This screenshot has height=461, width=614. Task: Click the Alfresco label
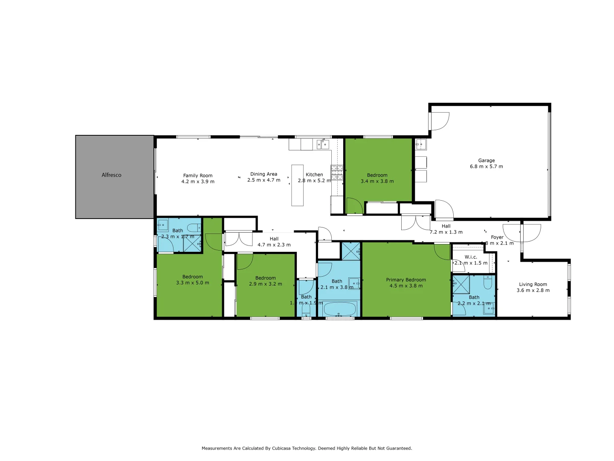pos(111,175)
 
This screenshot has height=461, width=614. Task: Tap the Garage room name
pos(486,160)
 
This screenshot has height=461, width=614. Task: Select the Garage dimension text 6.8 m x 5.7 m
pos(486,166)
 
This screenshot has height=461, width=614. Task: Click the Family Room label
pos(197,175)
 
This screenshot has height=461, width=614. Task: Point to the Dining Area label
pos(264,174)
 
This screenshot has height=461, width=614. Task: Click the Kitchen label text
pos(314,175)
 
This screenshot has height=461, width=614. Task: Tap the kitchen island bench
pos(297,185)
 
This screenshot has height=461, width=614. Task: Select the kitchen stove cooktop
pos(337,172)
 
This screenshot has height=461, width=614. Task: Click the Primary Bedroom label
pos(406,280)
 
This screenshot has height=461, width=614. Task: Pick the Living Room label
pos(533,284)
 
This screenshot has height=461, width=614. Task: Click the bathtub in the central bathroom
pos(340,309)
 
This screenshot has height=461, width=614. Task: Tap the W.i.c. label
pos(471,257)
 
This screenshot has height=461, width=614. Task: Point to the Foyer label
pos(497,237)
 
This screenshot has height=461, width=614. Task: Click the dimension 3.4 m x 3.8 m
pos(377,181)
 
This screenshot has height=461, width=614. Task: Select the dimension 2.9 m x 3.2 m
pos(265,284)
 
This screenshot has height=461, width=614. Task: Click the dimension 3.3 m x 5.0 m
pos(192,283)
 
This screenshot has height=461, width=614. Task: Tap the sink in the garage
pos(420,144)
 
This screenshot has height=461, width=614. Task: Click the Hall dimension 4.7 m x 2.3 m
pos(274,245)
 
